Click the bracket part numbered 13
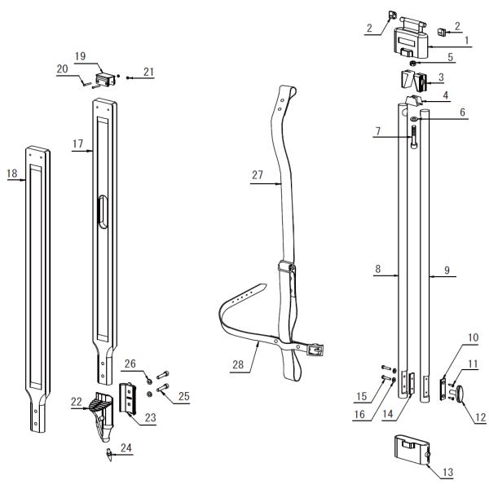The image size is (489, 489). tap(411, 452)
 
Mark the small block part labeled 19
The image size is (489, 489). tap(106, 80)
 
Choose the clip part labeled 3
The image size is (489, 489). tap(414, 82)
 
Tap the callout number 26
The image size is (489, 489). tap(130, 363)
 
